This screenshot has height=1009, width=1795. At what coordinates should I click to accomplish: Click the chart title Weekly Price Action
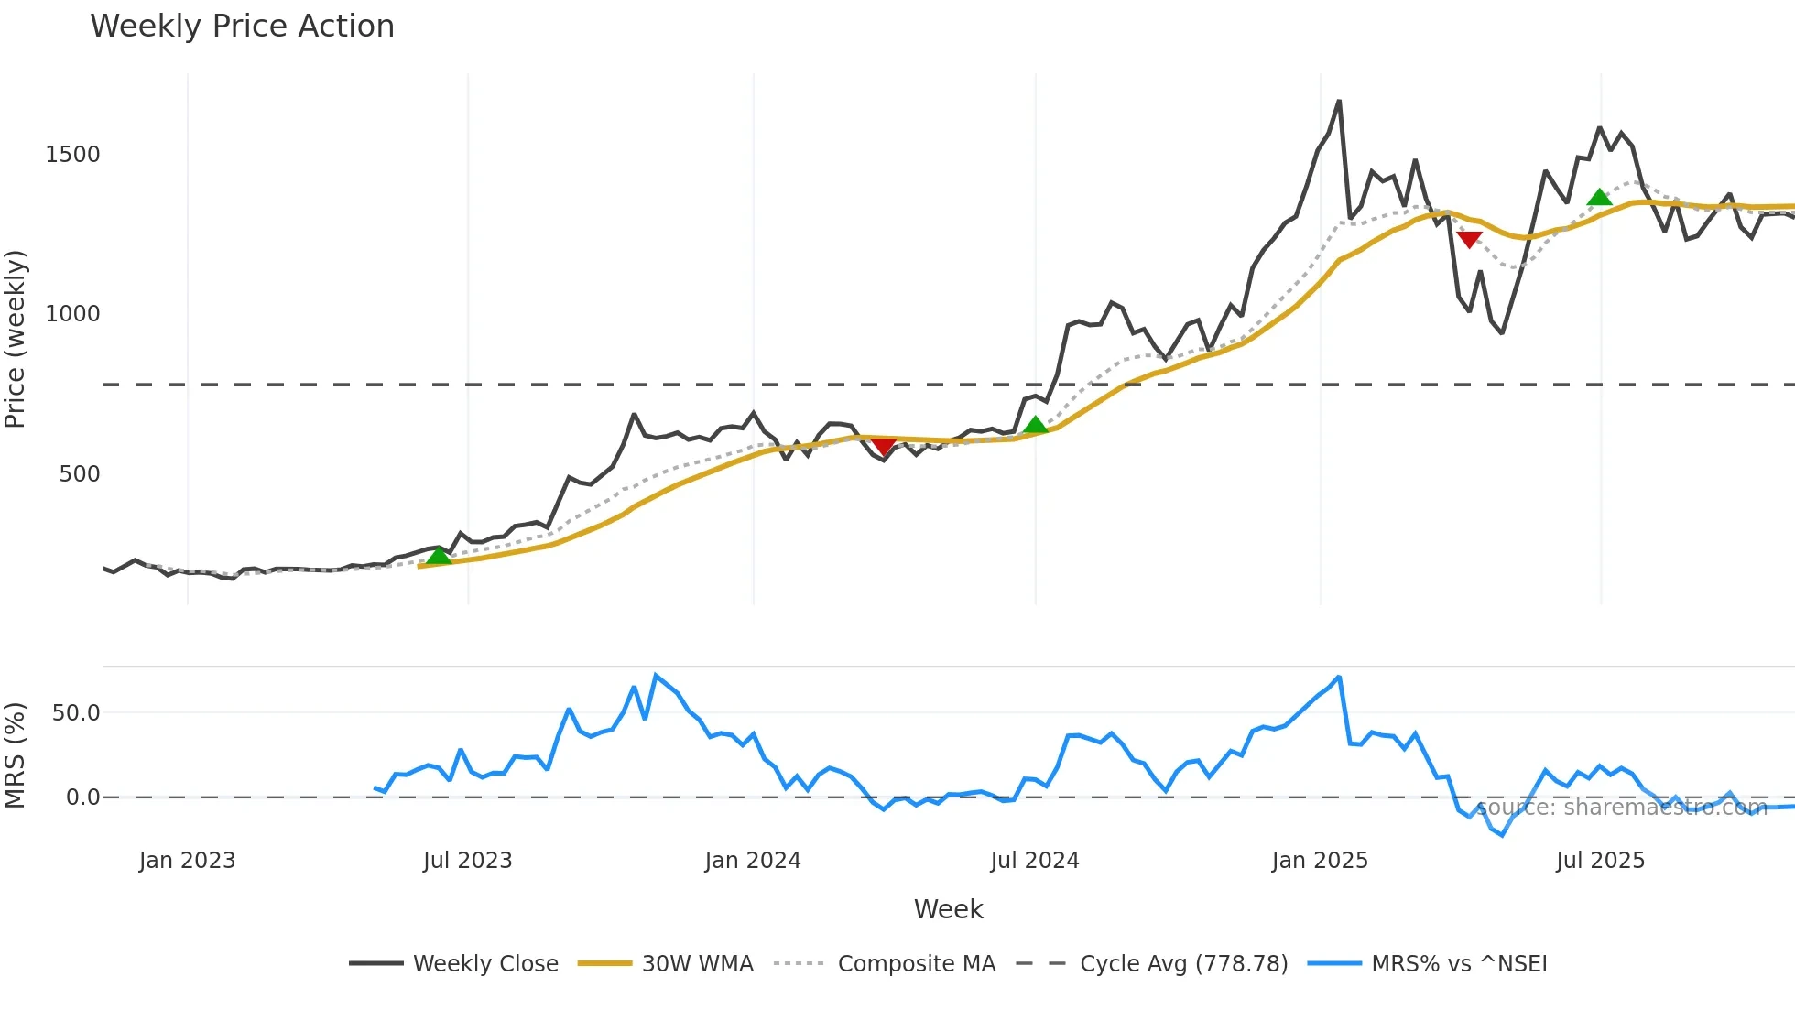(242, 27)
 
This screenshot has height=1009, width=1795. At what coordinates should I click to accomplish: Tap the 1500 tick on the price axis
(72, 154)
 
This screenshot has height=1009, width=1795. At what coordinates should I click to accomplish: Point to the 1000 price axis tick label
(72, 313)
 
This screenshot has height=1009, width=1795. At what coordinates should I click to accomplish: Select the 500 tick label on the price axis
(79, 473)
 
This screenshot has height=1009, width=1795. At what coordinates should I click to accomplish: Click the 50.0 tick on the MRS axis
(75, 712)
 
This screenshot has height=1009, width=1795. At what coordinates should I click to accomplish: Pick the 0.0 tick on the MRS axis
(82, 797)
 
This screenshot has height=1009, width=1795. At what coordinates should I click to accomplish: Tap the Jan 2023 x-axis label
(187, 861)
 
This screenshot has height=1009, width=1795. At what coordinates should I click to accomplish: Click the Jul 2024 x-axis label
(1035, 861)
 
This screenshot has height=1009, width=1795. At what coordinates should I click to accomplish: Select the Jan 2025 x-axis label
(1320, 861)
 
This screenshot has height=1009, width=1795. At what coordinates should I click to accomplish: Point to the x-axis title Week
(948, 909)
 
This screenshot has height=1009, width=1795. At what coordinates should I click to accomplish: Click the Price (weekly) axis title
(16, 339)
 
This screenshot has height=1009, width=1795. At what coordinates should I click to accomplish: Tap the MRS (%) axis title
(16, 755)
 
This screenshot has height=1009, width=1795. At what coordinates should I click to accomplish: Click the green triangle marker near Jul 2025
(1599, 197)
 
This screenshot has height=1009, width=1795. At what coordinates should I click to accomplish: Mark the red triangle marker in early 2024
(883, 446)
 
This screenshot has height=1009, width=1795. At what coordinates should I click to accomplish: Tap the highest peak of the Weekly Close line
(1339, 102)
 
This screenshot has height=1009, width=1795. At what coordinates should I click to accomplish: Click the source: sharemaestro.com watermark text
(1621, 808)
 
